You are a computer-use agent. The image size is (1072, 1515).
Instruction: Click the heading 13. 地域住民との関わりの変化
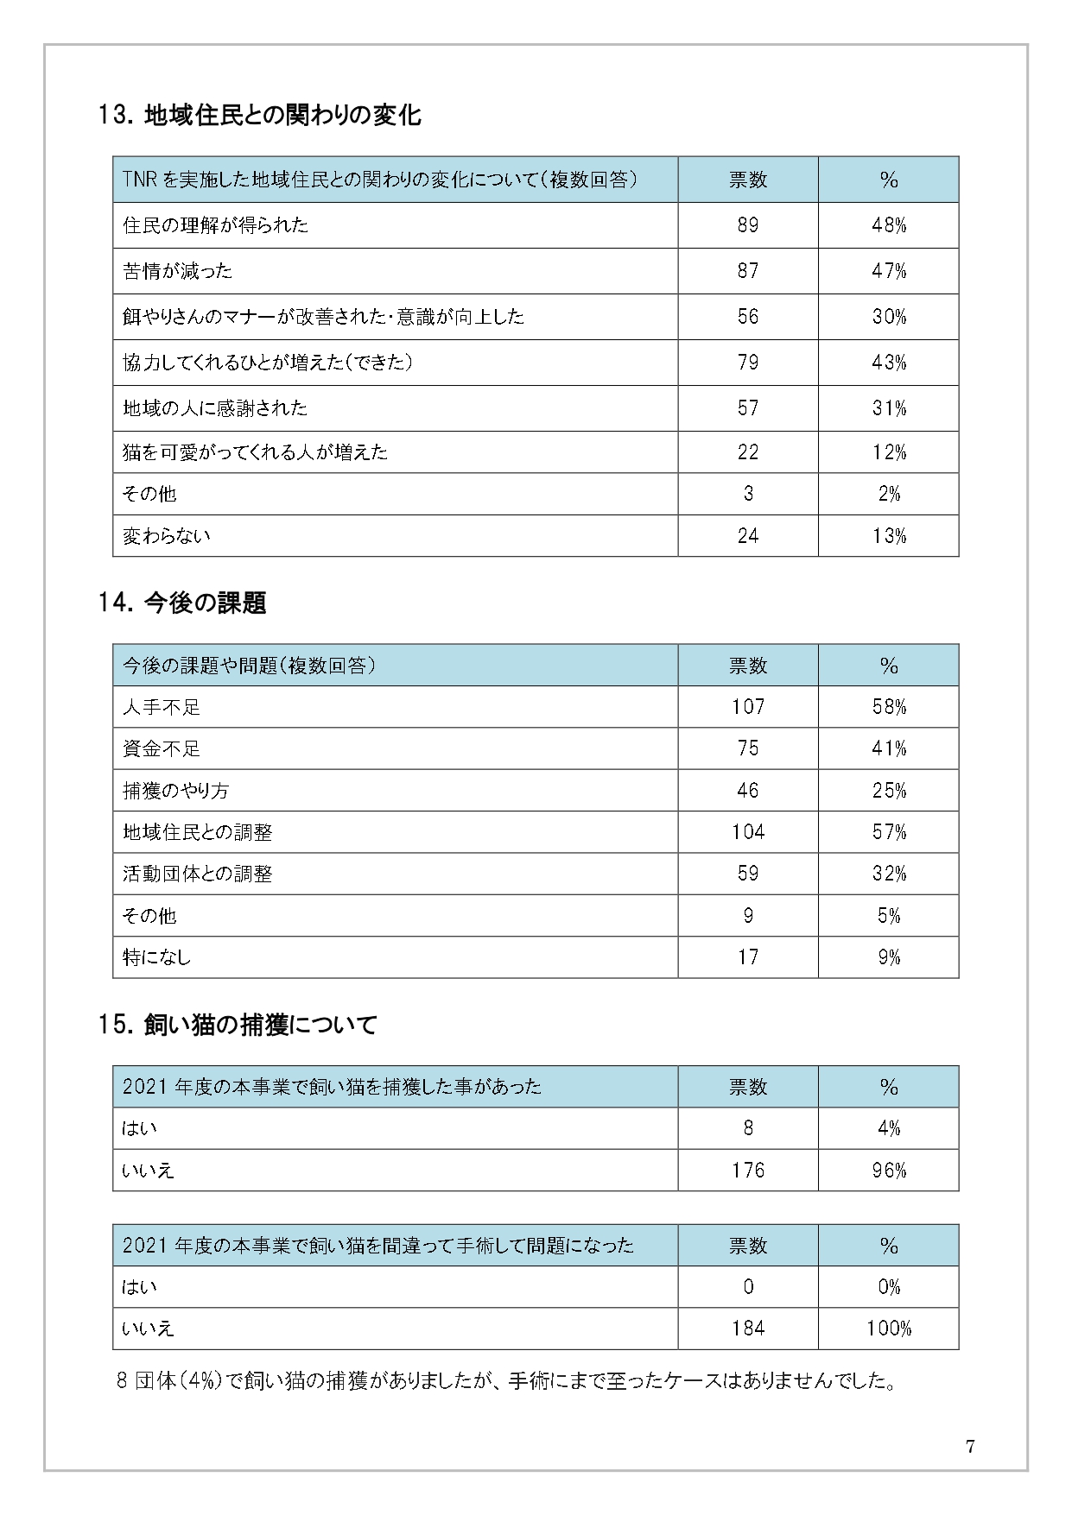tap(260, 115)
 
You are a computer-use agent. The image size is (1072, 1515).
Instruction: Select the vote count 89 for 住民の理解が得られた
tap(748, 225)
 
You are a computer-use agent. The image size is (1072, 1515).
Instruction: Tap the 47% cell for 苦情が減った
tap(889, 271)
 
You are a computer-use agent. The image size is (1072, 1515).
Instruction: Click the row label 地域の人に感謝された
tap(215, 408)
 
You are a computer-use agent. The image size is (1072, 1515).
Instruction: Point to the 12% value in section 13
tap(889, 452)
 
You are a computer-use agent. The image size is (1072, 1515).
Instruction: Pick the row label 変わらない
tap(167, 536)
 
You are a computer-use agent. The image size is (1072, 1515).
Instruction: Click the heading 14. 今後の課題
tap(182, 603)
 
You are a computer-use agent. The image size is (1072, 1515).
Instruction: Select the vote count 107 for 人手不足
tap(748, 707)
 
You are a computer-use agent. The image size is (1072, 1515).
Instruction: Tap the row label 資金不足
tap(162, 748)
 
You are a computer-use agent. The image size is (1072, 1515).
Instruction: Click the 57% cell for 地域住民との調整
tap(889, 832)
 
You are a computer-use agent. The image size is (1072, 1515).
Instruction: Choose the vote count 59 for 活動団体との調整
tap(748, 874)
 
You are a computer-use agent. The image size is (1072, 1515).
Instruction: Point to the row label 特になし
tap(156, 957)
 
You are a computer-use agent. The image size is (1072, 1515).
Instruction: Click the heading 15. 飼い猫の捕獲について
tap(238, 1025)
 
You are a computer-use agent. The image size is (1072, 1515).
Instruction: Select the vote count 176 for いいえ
tap(748, 1171)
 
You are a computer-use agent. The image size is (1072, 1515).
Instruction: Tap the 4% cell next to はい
tap(889, 1128)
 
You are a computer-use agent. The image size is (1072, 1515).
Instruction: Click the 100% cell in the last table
tap(889, 1329)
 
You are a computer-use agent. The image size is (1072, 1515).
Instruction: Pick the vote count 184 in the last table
tap(748, 1329)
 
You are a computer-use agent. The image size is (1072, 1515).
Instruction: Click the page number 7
tap(970, 1448)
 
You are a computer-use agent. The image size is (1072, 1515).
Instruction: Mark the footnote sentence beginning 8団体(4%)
tap(505, 1381)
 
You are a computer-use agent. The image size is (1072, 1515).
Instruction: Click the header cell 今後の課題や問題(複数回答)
tap(249, 666)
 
